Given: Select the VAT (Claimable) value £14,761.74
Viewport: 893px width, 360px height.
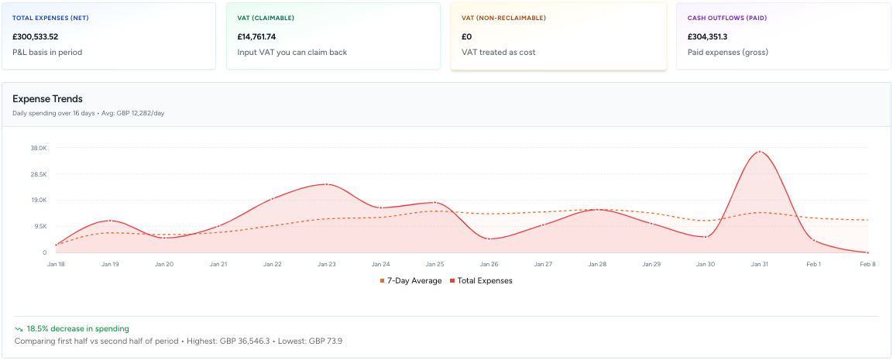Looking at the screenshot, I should tap(256, 36).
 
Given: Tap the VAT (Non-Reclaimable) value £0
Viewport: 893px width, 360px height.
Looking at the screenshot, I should tap(466, 36).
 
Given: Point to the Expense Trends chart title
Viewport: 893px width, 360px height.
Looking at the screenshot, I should tap(47, 99).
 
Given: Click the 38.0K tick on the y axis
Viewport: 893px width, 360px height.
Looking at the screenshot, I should tap(39, 148).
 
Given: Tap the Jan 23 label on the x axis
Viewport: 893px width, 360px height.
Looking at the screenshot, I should tap(326, 264).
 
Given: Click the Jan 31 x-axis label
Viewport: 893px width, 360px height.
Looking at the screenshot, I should tap(759, 264).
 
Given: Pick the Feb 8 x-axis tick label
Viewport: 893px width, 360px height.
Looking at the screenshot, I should tap(867, 264).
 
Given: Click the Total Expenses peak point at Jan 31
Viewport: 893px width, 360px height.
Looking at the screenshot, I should tap(760, 152).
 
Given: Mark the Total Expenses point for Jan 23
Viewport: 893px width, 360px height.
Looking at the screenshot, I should tap(327, 184).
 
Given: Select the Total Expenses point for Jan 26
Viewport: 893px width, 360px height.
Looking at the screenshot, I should tap(489, 238).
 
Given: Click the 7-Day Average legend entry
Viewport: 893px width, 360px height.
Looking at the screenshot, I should tap(410, 281).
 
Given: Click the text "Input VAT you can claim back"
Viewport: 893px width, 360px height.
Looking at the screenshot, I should tap(292, 53).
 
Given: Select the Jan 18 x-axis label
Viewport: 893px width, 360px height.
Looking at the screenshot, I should tap(56, 264).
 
